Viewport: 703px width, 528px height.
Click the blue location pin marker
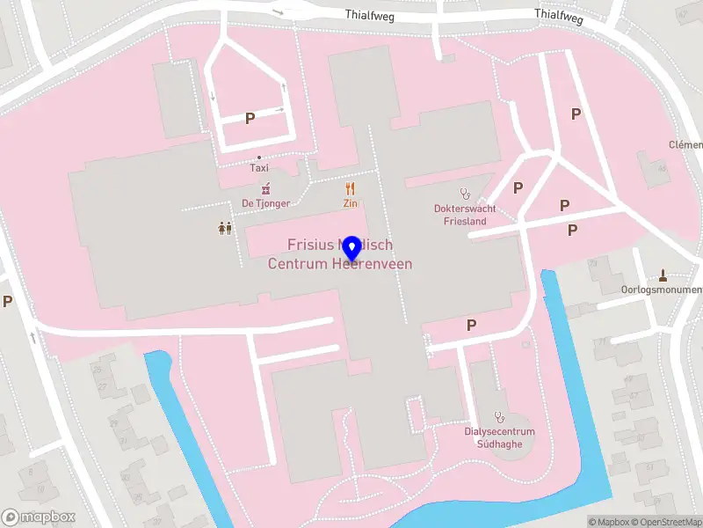pos(352,250)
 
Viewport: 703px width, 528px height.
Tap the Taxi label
pos(259,167)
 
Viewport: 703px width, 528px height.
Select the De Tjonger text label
pos(265,203)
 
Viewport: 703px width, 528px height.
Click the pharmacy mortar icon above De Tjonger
pos(265,188)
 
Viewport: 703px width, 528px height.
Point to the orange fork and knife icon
pos(350,188)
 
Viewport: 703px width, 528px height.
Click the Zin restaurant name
pos(350,203)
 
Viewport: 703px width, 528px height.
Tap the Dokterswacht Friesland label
pos(465,215)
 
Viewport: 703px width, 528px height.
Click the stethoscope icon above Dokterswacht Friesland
pos(465,193)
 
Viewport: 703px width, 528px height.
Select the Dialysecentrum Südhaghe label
pos(499,437)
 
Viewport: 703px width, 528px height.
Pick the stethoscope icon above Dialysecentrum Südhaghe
pos(499,416)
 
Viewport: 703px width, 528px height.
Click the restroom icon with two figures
pos(224,228)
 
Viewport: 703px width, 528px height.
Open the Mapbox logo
pos(39,517)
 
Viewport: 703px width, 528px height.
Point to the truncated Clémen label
pos(685,144)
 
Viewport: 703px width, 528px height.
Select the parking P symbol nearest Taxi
pos(250,118)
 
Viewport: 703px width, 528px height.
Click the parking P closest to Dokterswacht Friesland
pos(518,187)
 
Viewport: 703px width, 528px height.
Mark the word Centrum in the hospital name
pos(296,264)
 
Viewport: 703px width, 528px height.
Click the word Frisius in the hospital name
pos(308,245)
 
